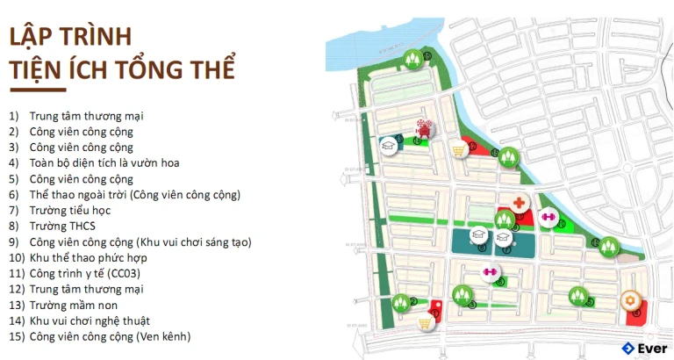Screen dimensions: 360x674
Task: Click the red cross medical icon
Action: [x=520, y=204]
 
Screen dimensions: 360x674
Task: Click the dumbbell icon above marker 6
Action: [x=490, y=272]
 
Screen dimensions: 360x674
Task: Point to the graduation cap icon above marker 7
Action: [x=503, y=235]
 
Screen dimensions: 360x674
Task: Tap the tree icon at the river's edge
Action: [x=412, y=60]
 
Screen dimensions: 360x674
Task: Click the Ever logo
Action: [x=643, y=349]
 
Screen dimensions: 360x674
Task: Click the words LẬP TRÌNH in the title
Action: [x=69, y=38]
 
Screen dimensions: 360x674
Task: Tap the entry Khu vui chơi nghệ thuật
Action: [x=89, y=320]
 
